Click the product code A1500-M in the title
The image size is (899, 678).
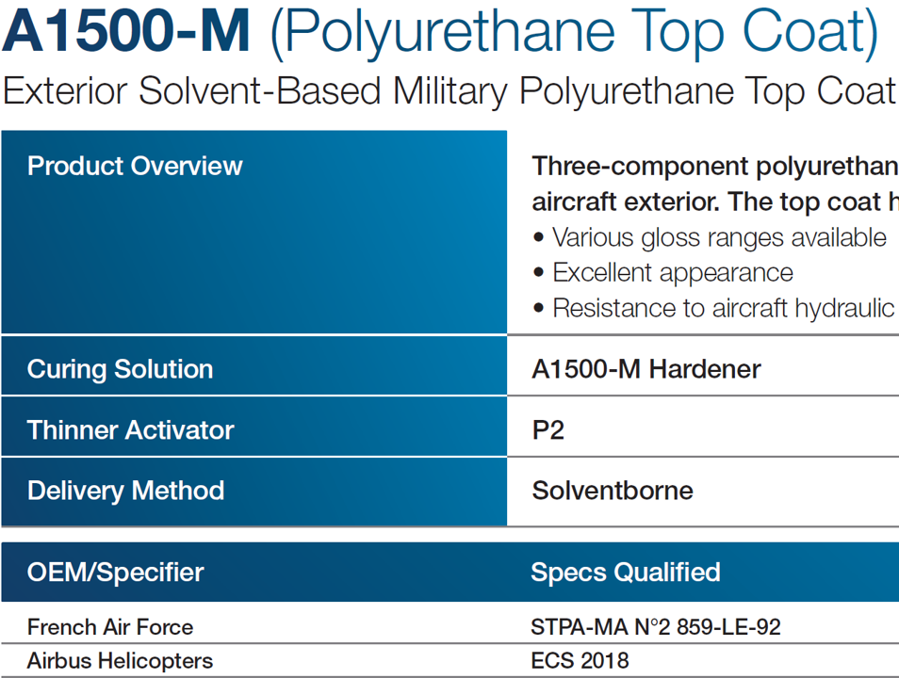click(126, 33)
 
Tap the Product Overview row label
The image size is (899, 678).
click(135, 167)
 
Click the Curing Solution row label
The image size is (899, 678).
click(120, 369)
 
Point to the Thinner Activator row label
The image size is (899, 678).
click(130, 430)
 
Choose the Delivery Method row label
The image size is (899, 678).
click(125, 491)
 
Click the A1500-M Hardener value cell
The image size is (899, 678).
click(646, 369)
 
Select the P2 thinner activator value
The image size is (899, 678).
click(548, 430)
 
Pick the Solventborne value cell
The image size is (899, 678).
click(612, 491)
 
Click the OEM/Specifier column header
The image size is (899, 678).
click(115, 572)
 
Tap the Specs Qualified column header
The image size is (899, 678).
click(625, 572)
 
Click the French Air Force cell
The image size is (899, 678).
click(109, 627)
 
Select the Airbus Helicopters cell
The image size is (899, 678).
click(120, 661)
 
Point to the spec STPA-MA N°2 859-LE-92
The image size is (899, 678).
click(655, 627)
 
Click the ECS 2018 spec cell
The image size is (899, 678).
click(580, 661)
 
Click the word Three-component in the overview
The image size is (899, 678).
click(637, 167)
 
